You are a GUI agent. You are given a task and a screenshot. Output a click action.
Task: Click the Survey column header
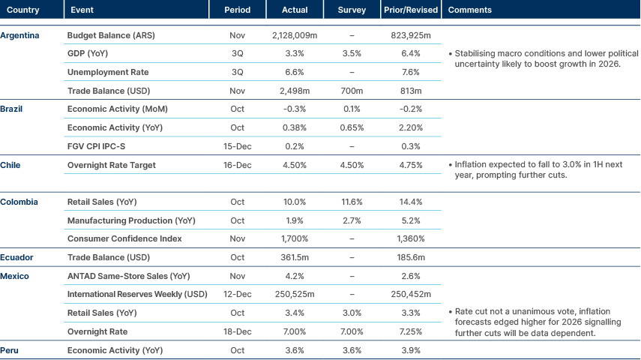352,10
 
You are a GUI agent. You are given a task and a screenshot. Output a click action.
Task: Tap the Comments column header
469,10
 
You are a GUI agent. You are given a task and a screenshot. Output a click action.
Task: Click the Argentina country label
20,35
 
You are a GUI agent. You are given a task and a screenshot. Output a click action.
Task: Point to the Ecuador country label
17,257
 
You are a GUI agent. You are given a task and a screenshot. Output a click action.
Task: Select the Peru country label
10,349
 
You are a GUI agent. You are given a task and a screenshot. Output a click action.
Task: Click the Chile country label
10,164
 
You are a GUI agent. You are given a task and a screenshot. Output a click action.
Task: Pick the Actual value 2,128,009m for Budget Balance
295,35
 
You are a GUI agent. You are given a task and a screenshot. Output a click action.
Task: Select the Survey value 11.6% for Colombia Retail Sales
352,202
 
